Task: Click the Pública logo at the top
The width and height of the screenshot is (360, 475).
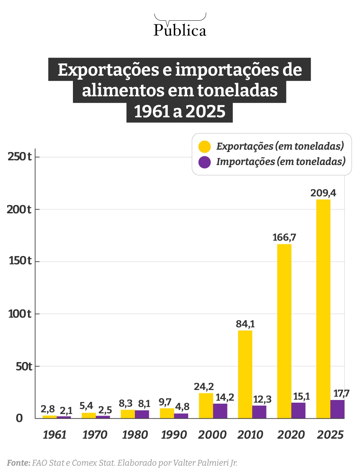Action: pyautogui.click(x=180, y=26)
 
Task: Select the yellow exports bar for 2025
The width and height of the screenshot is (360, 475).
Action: pyautogui.click(x=323, y=308)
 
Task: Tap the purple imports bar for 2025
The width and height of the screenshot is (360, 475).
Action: pyautogui.click(x=337, y=409)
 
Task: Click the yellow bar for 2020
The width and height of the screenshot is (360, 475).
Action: pyautogui.click(x=284, y=331)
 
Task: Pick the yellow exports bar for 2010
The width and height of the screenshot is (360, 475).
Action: pyautogui.click(x=245, y=374)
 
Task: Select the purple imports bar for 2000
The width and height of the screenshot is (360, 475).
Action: pyautogui.click(x=220, y=411)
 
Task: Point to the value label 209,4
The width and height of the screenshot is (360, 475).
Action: pyautogui.click(x=323, y=193)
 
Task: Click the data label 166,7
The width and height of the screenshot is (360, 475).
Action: pyautogui.click(x=284, y=237)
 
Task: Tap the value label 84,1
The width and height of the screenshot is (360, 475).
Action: pyautogui.click(x=245, y=324)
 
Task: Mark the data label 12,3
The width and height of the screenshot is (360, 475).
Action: pyautogui.click(x=262, y=399)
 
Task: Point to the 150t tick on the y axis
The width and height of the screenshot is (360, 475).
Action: pyautogui.click(x=20, y=261)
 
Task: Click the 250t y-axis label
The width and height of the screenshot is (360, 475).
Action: pyautogui.click(x=19, y=156)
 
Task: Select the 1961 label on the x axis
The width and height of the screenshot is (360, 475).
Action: pyautogui.click(x=55, y=435)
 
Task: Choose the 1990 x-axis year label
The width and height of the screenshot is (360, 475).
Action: pyautogui.click(x=174, y=435)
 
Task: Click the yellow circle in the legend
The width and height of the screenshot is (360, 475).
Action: pyautogui.click(x=204, y=147)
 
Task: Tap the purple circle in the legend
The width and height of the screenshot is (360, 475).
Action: pyautogui.click(x=204, y=162)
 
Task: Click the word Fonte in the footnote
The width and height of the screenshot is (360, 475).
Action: pyautogui.click(x=18, y=463)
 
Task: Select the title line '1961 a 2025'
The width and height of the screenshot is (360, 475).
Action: pyautogui.click(x=180, y=112)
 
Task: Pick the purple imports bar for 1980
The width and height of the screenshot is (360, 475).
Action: pyautogui.click(x=142, y=414)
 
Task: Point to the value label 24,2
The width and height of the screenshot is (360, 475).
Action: pyautogui.click(x=204, y=387)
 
